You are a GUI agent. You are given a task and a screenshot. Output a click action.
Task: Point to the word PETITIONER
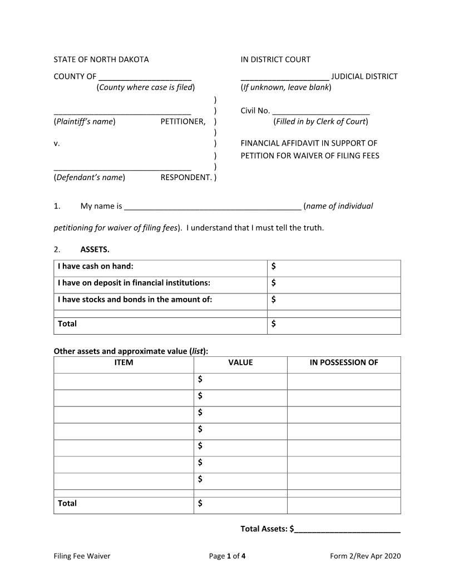pos(183,121)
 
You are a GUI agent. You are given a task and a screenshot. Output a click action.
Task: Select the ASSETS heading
pos(95,249)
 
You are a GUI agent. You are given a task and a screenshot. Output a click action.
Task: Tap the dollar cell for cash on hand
pos(334,267)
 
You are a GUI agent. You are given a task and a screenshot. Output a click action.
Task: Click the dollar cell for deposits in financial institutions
pos(334,283)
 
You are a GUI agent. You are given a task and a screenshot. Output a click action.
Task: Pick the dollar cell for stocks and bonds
pos(334,300)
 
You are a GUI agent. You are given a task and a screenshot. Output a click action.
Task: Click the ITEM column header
pos(124,362)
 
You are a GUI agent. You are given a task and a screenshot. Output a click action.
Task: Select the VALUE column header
pos(240,362)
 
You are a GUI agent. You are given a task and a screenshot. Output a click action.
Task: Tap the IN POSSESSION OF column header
pos(344,362)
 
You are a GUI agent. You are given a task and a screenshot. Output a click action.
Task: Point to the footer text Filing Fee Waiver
pos(82,556)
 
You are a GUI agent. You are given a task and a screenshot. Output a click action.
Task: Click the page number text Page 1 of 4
pos(227,556)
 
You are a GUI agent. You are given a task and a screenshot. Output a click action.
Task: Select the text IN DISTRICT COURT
pos(275,59)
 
